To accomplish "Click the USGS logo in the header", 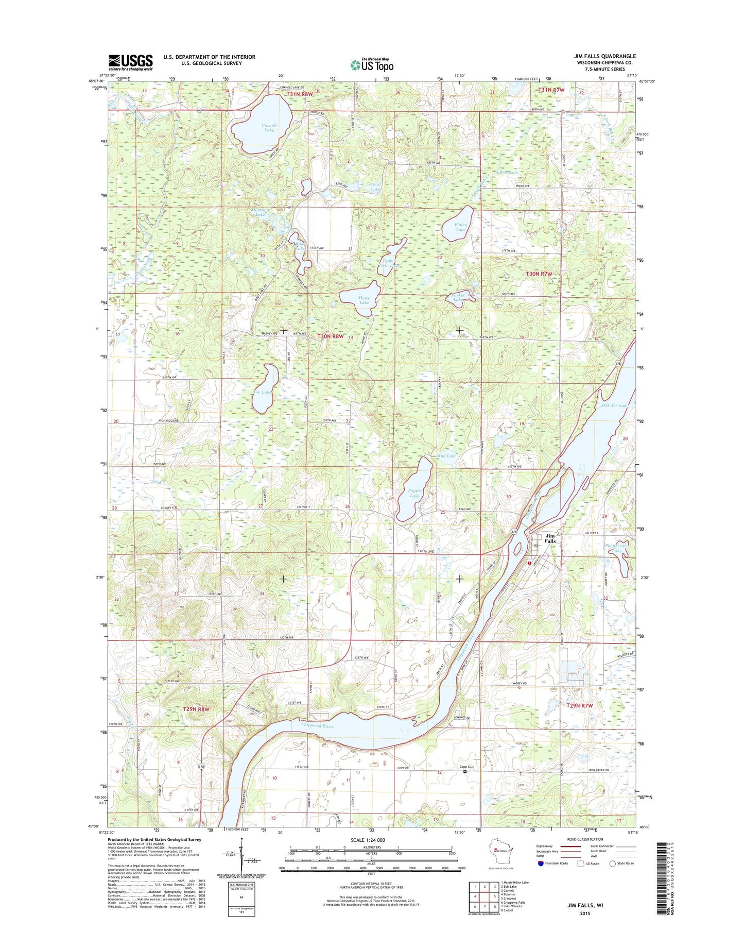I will point(130,62).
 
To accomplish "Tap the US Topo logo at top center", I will point(372,65).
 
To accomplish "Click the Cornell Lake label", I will point(269,128).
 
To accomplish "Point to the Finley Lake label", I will point(461,227).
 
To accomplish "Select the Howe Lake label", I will point(364,300).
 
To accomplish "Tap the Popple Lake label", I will point(414,494).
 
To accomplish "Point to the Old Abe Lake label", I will point(615,405).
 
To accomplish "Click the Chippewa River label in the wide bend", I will point(318,726).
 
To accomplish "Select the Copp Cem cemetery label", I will point(466,767).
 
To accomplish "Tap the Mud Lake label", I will point(446,456).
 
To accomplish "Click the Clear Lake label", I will point(376,187).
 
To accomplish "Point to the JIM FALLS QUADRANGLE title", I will point(605,56).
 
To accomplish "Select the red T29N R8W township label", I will point(196,709).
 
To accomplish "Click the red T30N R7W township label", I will point(539,274).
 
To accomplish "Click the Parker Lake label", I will point(458,298).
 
